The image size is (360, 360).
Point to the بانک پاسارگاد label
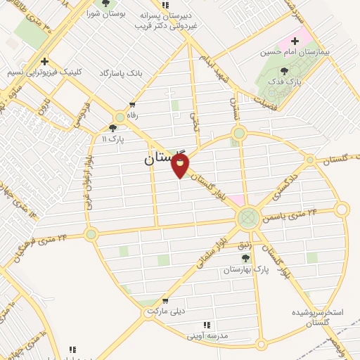pyautogui.click(x=121, y=73)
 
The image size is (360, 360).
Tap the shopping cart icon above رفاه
pyautogui.click(x=131, y=105)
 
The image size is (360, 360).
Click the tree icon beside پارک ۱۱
pyautogui.click(x=112, y=128)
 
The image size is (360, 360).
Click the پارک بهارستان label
pyautogui.click(x=252, y=269)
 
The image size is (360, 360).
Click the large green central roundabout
pyautogui.click(x=248, y=219)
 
